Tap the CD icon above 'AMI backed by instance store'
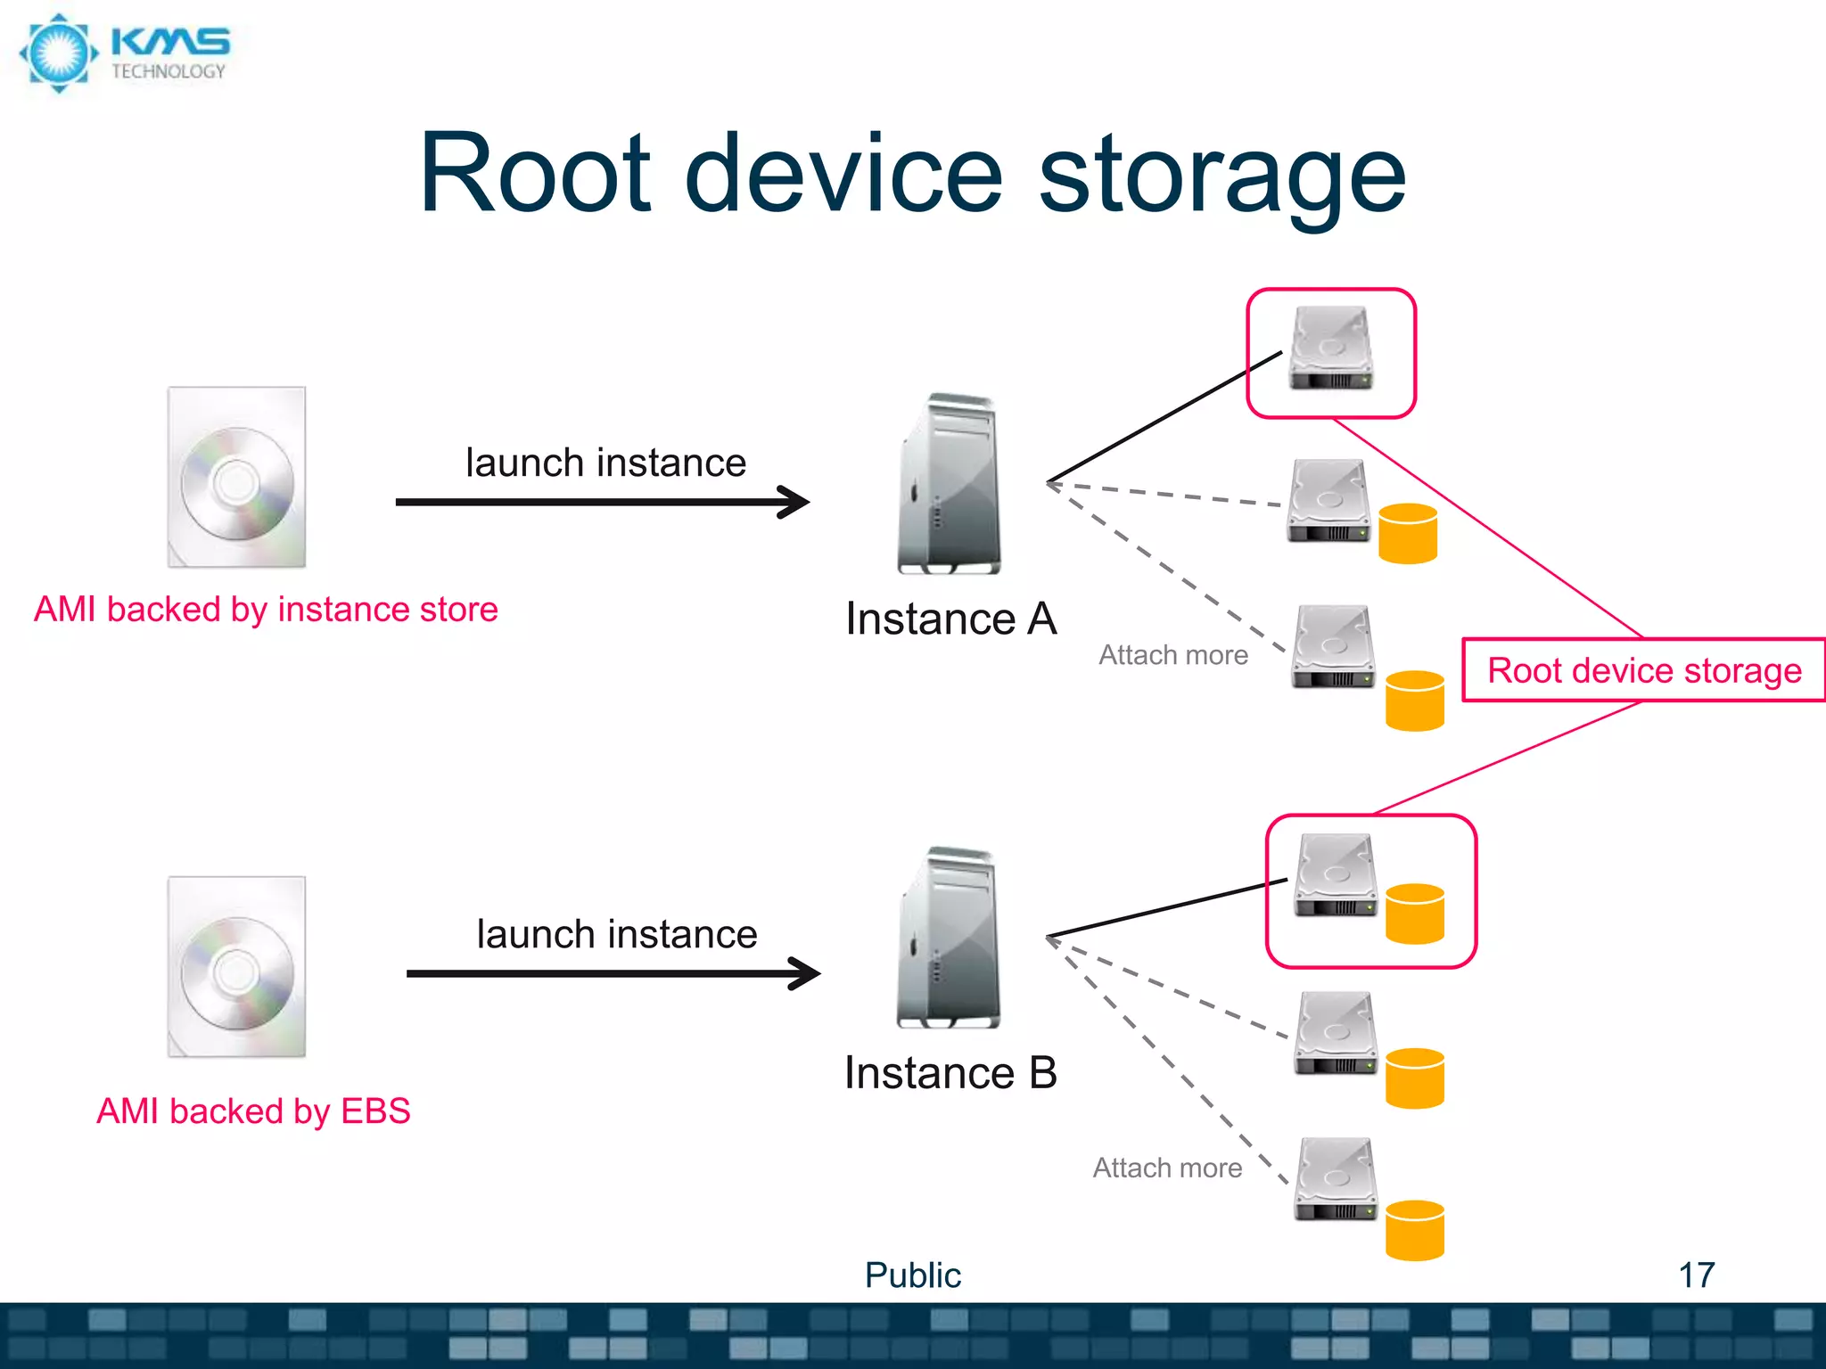pos(237,478)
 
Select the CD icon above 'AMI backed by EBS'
pos(237,968)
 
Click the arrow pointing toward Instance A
pos(602,503)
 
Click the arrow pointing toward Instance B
pos(613,974)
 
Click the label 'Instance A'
pos(950,619)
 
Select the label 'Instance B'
pos(950,1072)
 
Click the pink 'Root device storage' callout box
pos(1643,670)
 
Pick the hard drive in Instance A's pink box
pos(1330,349)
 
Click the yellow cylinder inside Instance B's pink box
pos(1415,914)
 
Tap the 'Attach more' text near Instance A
pos(1173,655)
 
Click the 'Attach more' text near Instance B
pos(1167,1168)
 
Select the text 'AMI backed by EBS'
pos(253,1111)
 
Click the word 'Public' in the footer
pos(912,1275)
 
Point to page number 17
pos(1696,1275)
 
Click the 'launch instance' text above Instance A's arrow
pos(605,463)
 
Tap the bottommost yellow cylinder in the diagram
pos(1415,1231)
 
